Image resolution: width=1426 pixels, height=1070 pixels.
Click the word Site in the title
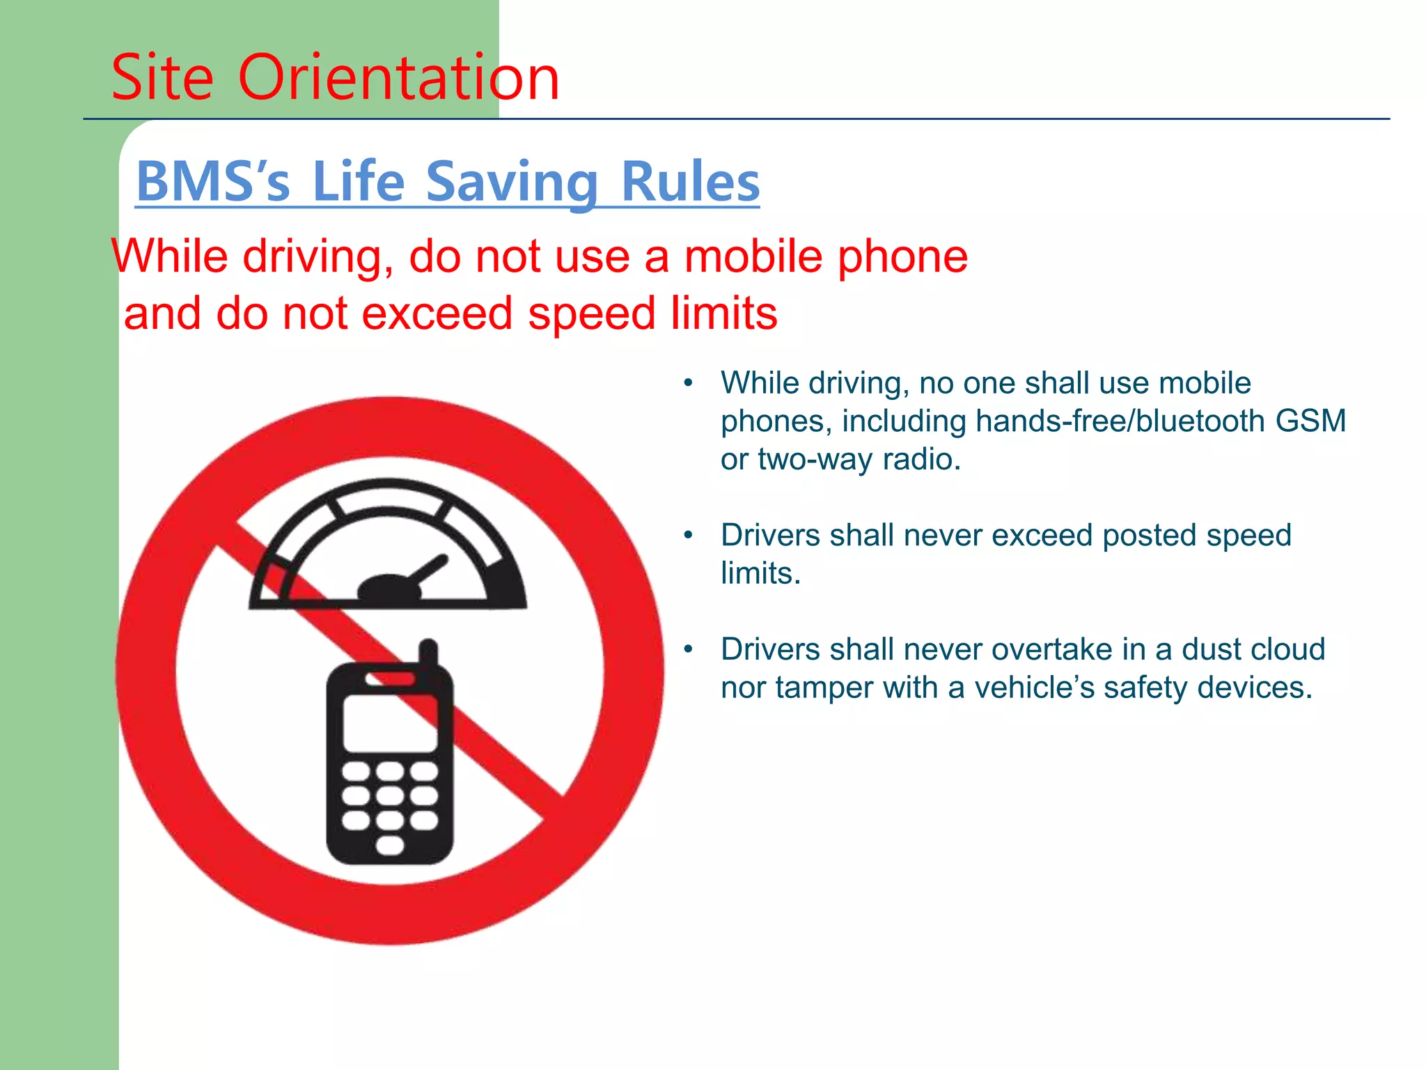[162, 77]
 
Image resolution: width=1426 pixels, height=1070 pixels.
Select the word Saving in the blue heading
[512, 182]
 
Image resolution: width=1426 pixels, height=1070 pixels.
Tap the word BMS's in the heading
[213, 182]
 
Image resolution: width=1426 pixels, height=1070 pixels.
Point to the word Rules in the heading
[689, 182]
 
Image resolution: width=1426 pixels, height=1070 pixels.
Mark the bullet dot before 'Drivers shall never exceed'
[689, 535]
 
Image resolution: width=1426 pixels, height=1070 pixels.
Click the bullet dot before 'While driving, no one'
[689, 383]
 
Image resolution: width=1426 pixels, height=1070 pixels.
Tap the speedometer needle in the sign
[426, 570]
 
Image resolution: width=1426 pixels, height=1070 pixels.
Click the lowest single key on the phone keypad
[390, 846]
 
